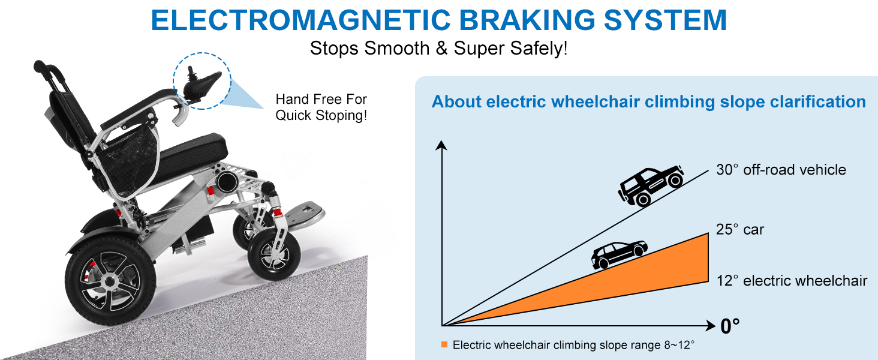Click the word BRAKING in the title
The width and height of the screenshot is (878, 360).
point(527,20)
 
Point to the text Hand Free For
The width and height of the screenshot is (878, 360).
point(321,99)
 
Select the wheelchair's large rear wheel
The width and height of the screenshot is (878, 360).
point(110,281)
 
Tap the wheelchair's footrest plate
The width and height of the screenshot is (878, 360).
point(305,214)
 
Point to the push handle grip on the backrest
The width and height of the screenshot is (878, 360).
point(49,70)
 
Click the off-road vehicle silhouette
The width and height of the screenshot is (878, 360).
point(651,185)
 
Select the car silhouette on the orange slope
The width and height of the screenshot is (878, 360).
point(619,254)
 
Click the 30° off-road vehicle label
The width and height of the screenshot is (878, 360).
point(781,170)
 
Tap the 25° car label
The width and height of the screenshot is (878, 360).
point(740,229)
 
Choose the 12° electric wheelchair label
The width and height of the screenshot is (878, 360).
point(792,281)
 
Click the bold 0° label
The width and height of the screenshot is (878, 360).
point(730,326)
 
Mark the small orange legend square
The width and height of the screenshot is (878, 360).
point(444,344)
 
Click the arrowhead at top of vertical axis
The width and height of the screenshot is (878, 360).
point(441,145)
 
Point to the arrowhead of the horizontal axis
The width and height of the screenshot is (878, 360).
point(711,325)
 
